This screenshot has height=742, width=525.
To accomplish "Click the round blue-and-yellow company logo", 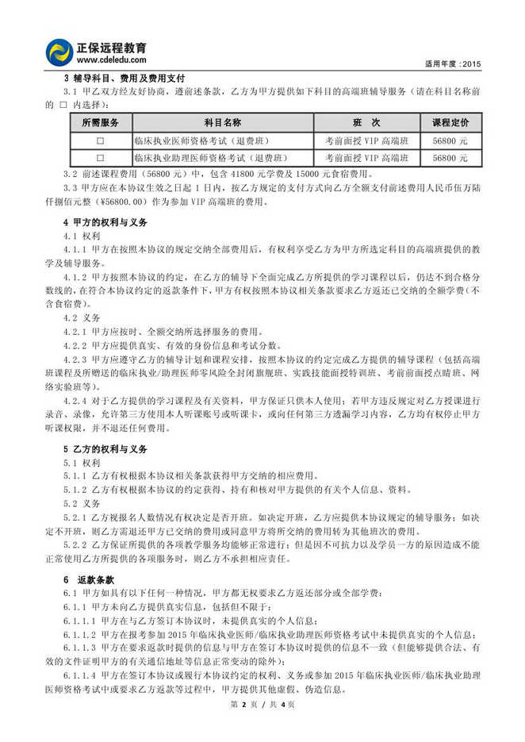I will [x=60, y=52].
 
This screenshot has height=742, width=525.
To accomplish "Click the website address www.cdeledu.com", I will [x=111, y=60].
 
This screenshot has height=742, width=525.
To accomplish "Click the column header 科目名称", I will [x=223, y=123].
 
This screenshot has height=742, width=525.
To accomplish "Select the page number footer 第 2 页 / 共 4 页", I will [x=262, y=727].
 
